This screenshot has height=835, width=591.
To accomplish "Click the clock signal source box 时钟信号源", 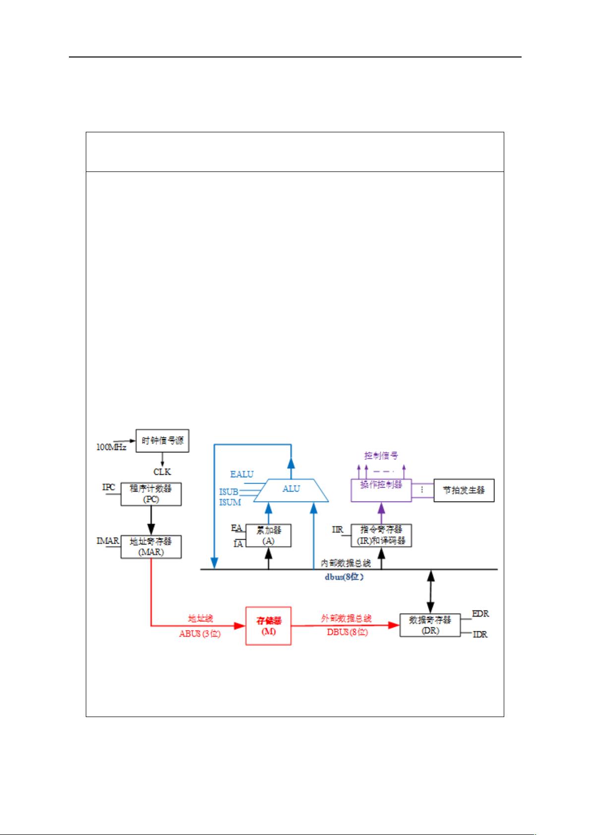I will pos(163,441).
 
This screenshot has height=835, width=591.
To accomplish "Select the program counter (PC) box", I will pos(151,494).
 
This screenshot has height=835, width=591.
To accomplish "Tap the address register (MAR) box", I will pos(151,547).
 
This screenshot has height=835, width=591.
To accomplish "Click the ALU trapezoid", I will pos(291,490).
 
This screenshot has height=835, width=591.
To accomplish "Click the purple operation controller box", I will pos(381,490).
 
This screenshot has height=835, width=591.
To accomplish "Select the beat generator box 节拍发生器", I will pos(464,491).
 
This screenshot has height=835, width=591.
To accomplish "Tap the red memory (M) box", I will pos(268,626).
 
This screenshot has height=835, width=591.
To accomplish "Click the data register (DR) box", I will pos(430,625).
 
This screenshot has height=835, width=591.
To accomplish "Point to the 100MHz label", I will pos(111,447).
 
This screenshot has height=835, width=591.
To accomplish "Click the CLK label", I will pos(162,472).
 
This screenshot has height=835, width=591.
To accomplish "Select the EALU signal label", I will pos(241,474).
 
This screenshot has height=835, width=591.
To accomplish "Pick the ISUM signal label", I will pos(230,502).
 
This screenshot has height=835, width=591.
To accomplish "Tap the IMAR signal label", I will pos(108,541).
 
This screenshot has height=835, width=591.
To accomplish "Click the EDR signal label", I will pos(480,613).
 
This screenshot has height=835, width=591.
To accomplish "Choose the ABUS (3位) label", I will pos(200,633).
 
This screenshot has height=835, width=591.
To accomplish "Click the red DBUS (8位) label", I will pos(347,632).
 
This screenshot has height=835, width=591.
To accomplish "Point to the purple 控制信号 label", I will pos(381,455).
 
